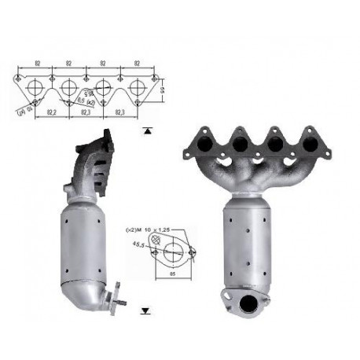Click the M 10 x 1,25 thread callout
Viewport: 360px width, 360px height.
pyautogui.click(x=146, y=230)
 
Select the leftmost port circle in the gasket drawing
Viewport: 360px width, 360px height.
pyautogui.click(x=35, y=86)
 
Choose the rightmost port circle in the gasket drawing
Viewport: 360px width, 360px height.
pyautogui.click(x=137, y=86)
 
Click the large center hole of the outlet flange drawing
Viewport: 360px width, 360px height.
pyautogui.click(x=169, y=251)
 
